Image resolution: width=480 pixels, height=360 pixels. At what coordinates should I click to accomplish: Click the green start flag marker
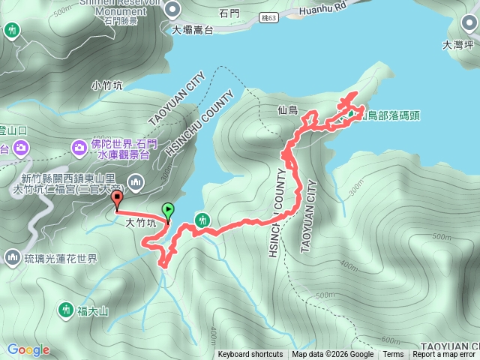(168, 211)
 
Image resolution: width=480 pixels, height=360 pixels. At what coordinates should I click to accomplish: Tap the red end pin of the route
(117, 199)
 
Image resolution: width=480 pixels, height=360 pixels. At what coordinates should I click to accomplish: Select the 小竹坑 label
(106, 85)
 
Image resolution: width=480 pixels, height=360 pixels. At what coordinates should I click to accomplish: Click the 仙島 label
(287, 110)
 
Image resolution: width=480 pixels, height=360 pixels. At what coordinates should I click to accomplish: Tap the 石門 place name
(229, 13)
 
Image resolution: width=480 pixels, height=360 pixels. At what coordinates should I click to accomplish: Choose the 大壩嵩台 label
(192, 31)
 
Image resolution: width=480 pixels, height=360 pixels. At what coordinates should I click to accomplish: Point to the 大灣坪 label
(457, 44)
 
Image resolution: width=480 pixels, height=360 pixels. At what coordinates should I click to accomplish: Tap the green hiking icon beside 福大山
(65, 309)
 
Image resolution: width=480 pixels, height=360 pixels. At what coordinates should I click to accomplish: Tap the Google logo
(28, 349)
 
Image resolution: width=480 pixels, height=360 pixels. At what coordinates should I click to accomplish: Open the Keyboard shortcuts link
(250, 355)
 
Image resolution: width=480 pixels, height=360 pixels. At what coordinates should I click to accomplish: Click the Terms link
(393, 355)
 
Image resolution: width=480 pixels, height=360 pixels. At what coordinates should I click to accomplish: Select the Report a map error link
(444, 355)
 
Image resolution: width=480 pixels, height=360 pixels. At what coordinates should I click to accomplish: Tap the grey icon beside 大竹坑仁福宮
(136, 181)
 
